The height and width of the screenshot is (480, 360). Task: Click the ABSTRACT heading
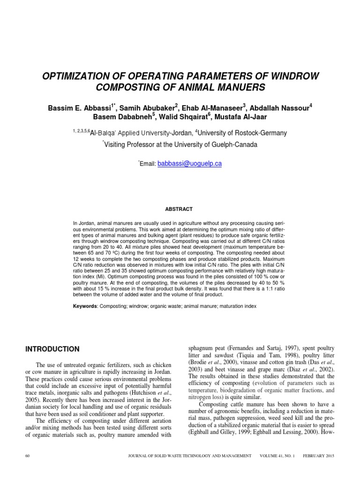pos(180,209)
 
